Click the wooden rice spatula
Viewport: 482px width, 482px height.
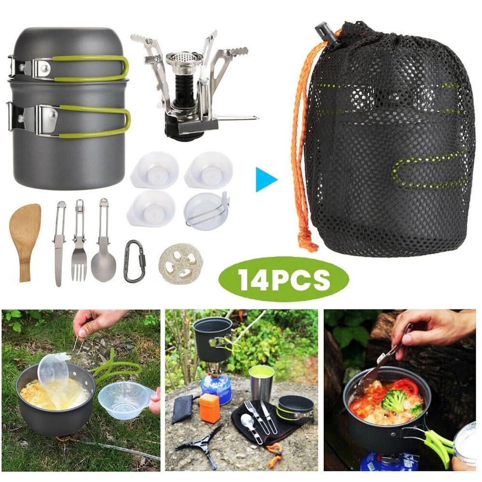pos(25,240)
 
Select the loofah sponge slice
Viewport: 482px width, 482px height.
pos(181,264)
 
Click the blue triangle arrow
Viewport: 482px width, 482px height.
pos(266,180)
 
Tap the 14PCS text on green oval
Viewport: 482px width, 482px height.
pos(284,279)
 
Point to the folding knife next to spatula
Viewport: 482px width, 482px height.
pos(60,243)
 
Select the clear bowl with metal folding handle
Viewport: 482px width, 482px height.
pos(206,211)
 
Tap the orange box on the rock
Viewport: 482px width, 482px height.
pos(209,408)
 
